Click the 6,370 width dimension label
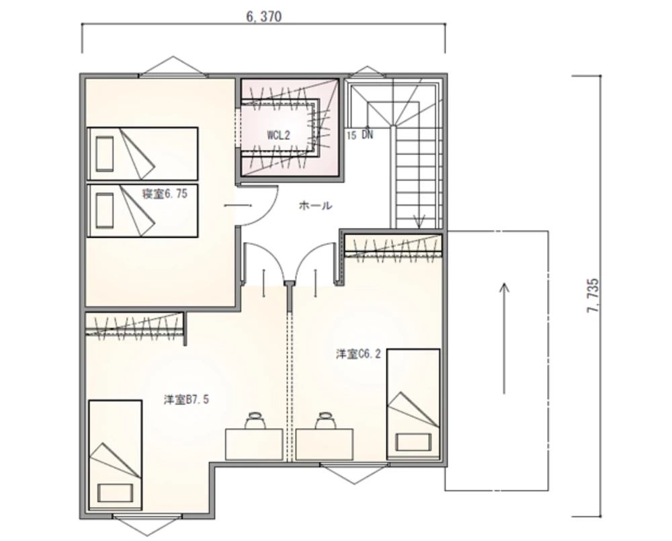(263, 17)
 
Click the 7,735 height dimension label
(593, 296)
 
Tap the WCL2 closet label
(279, 136)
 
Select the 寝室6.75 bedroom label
(165, 194)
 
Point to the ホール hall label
(315, 206)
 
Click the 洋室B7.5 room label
(186, 400)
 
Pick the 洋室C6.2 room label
(358, 354)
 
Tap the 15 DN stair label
(360, 135)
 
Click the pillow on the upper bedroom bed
(105, 154)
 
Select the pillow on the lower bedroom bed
(105, 210)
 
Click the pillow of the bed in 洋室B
(115, 493)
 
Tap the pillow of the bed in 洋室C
(413, 442)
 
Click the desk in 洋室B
(254, 444)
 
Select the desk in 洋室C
(325, 444)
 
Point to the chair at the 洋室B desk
(255, 420)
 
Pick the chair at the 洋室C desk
(325, 420)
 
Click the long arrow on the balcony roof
(505, 338)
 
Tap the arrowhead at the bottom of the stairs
(419, 222)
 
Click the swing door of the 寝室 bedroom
(257, 206)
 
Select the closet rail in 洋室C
(394, 256)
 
